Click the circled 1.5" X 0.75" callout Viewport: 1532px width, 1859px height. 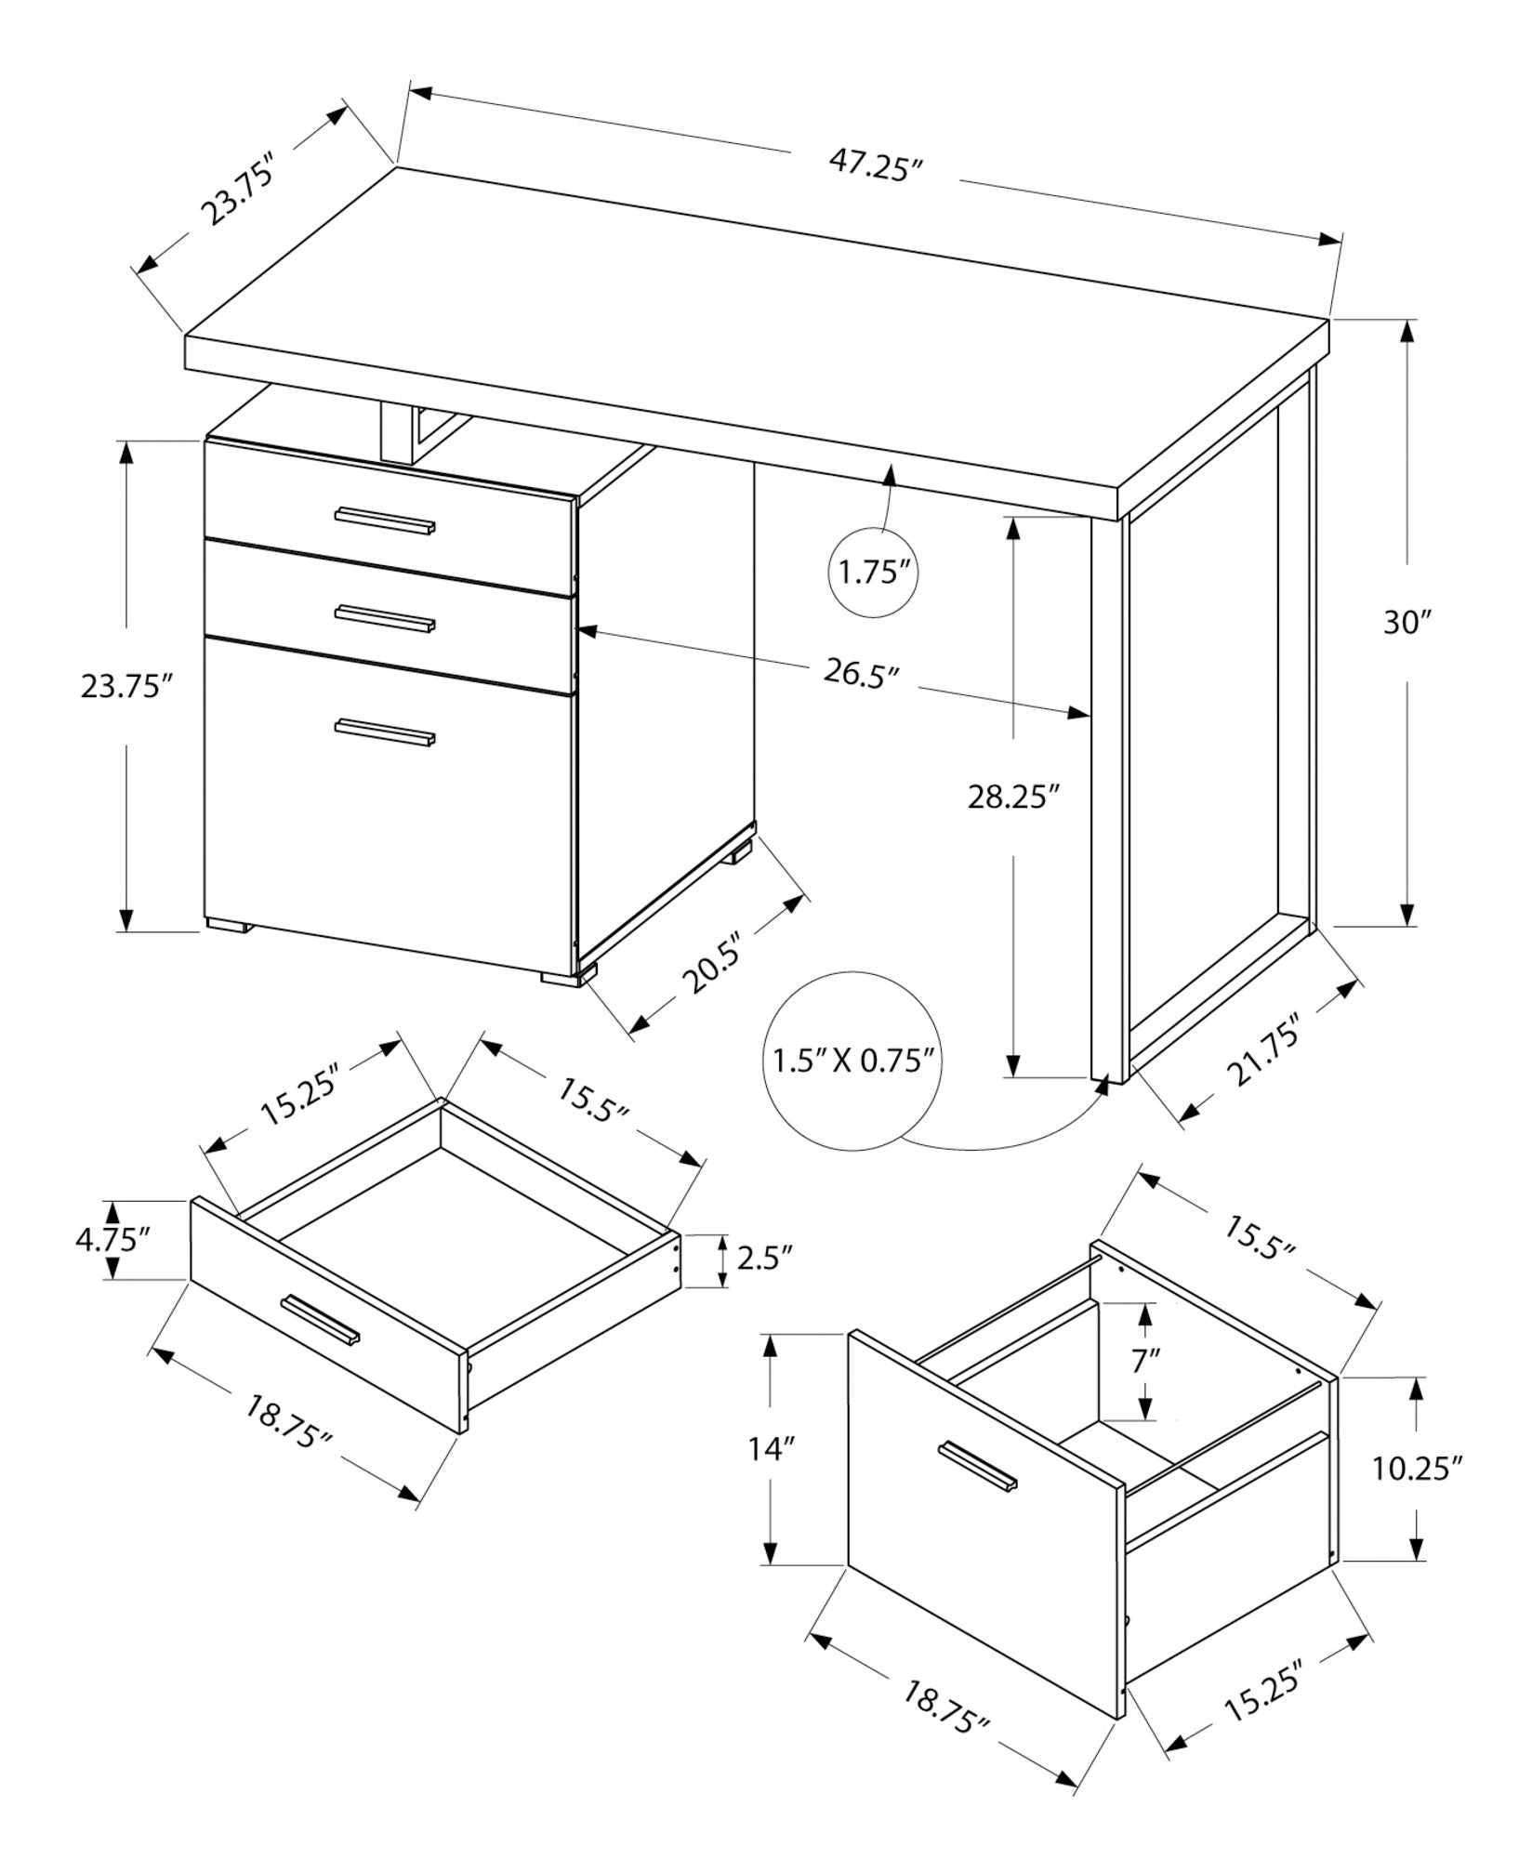pos(852,1060)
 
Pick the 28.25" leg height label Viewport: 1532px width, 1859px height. pos(1014,797)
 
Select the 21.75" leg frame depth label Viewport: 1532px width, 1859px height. pos(1265,1051)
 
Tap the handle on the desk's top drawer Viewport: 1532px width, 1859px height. pos(385,521)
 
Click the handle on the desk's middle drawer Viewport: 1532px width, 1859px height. pos(385,619)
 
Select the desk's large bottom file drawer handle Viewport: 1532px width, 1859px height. pos(385,732)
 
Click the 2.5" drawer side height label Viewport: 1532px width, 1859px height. pos(764,1259)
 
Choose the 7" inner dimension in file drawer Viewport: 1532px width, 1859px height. pos(1146,1361)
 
